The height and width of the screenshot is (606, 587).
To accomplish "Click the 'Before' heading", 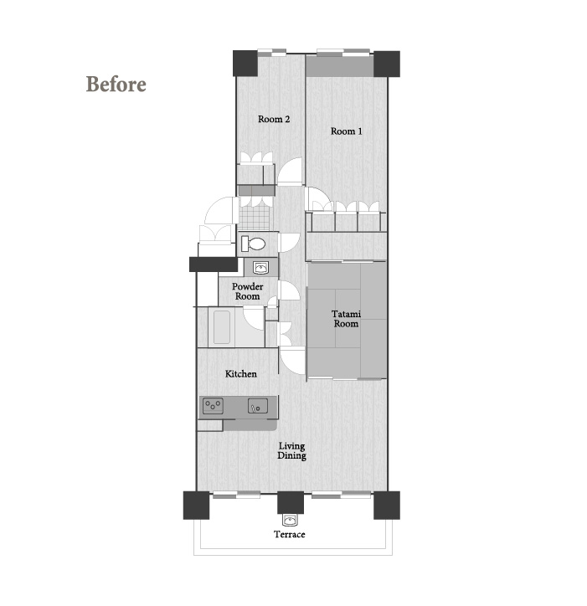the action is coord(116,84).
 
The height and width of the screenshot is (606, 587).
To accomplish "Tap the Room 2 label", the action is coord(274,119).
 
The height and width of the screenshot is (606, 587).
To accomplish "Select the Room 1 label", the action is coord(346,131).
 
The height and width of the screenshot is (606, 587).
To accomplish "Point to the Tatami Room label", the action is coord(346,319).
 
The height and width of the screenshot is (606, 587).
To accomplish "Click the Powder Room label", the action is coord(248,291).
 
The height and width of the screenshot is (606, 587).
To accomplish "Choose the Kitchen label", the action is coord(241,373).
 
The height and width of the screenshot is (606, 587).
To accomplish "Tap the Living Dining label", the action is coord(292,451).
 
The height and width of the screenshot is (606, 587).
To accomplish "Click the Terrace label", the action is coord(290,534).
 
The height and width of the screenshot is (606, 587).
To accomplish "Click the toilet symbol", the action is coord(253,244).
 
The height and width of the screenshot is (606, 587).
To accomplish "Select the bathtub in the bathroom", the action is coord(222,327).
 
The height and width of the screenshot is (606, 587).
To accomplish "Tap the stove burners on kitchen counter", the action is coord(213,406).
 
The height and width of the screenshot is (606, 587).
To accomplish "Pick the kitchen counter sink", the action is coord(258,406).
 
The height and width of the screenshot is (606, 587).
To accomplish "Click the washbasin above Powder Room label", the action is coord(261,268).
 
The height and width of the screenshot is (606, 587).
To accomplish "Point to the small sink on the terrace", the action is coord(290,520).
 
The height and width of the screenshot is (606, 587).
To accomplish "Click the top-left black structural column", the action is coord(245,64).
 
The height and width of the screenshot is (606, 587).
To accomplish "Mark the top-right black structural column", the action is coord(387,64).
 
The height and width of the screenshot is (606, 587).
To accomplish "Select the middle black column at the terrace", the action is coord(291,503).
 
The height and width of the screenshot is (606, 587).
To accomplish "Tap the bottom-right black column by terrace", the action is coord(387,505).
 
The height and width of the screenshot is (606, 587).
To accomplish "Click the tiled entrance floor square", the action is coord(255,217).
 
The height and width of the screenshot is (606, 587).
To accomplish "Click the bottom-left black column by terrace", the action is coord(196,505).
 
